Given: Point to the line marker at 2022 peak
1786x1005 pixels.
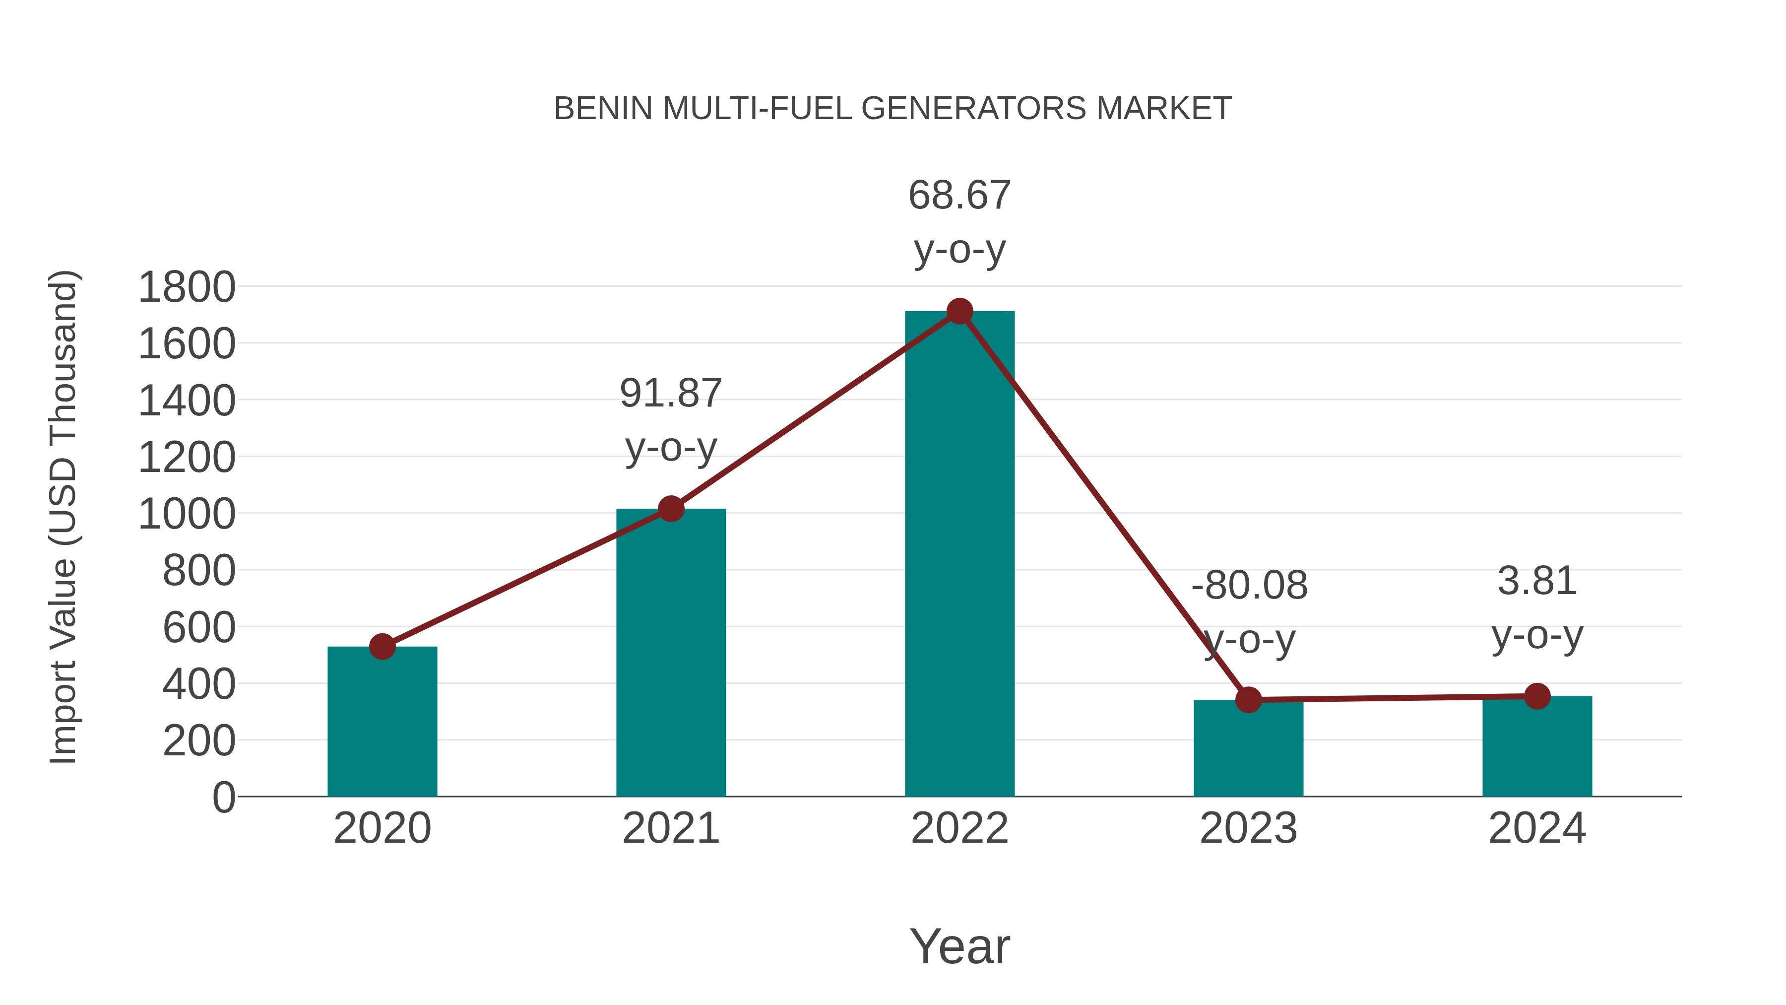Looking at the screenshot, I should coord(959,311).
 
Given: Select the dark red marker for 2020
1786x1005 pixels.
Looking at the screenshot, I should coord(382,646).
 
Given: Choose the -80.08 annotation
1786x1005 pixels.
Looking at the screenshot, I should coord(1249,612).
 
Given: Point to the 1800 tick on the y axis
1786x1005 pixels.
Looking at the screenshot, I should coord(187,287).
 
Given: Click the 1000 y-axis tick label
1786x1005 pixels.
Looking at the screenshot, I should coord(187,515).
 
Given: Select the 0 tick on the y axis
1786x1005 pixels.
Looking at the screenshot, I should coord(224,798).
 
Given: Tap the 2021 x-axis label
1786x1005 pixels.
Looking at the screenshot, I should coord(670,828).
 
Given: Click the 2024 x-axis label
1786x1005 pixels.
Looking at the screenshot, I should coord(1537,828).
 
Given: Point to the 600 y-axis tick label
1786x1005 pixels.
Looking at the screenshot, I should coord(199,628).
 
